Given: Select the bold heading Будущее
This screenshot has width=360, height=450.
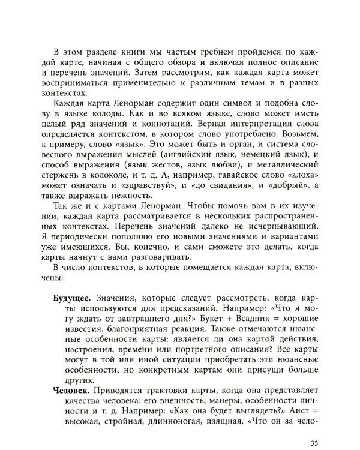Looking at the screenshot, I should (72, 280).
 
